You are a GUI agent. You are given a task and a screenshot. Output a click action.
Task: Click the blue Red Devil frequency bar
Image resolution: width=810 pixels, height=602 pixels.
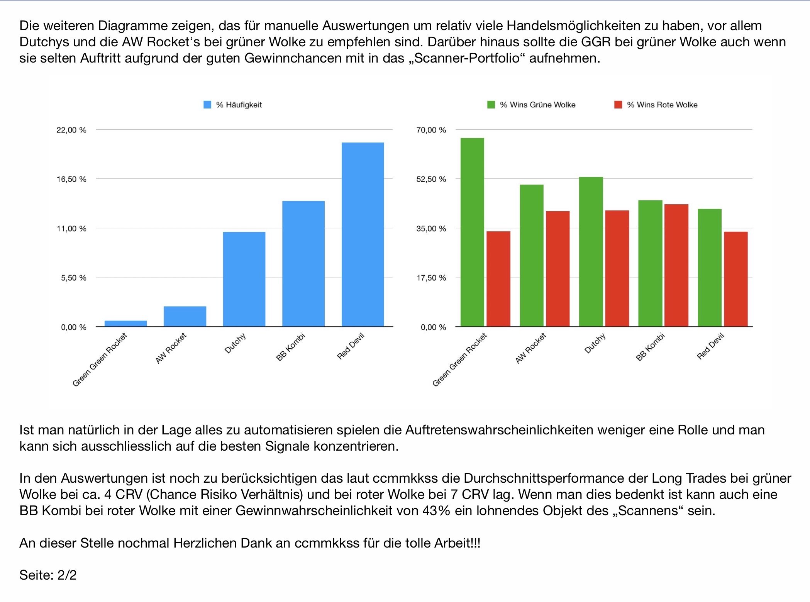363,234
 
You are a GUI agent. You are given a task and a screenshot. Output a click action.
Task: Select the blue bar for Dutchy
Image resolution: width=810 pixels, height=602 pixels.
244,279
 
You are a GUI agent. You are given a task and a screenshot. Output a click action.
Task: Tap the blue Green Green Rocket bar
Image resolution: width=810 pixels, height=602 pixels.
125,324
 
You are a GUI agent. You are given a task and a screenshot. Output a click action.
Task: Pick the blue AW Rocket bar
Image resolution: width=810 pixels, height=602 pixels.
185,316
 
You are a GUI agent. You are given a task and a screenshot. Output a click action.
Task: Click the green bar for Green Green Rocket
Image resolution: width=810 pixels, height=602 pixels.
472,232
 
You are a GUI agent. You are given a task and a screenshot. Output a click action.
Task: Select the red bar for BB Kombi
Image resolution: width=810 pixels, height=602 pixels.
676,265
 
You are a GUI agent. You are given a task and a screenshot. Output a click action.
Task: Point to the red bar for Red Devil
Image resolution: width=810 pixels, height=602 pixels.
735,279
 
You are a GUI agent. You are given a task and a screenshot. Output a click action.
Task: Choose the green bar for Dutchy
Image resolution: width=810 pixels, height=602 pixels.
591,252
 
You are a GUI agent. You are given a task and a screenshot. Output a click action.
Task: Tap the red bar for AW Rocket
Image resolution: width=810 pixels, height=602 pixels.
558,269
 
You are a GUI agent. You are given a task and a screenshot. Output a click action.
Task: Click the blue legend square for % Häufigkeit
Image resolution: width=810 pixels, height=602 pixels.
207,105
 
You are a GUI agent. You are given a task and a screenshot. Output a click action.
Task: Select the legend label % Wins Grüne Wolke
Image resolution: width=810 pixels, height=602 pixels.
537,105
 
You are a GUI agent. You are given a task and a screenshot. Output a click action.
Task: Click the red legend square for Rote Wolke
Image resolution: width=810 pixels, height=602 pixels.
618,105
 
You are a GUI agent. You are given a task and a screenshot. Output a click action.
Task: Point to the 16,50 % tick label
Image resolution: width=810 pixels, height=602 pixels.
71,179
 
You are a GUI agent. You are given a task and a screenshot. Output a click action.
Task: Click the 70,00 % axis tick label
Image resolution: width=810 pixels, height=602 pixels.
431,130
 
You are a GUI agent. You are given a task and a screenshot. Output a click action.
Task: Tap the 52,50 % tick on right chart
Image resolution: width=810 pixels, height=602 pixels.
431,179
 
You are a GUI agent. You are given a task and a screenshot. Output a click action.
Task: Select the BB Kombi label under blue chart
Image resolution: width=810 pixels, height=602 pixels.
291,347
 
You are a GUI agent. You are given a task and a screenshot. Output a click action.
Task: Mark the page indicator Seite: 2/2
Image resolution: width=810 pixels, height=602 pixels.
48,575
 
